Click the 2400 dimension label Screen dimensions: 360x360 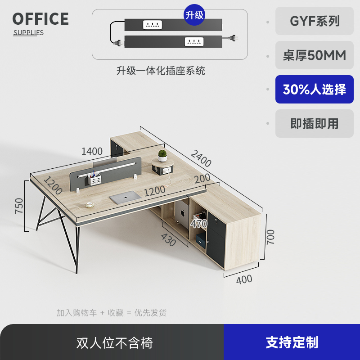pyautogui.click(x=200, y=158)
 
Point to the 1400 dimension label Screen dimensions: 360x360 pyautogui.click(x=92, y=151)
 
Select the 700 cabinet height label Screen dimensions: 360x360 pyautogui.click(x=270, y=237)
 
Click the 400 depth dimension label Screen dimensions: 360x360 pyautogui.click(x=244, y=279)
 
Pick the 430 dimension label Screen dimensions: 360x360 pyautogui.click(x=168, y=241)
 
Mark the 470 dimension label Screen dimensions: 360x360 pyautogui.click(x=198, y=224)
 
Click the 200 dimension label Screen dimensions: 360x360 pyautogui.click(x=202, y=179)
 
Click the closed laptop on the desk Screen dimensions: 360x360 pyautogui.click(x=126, y=197)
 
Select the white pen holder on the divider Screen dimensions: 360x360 pyautogui.click(x=95, y=180)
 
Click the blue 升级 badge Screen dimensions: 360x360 pyautogui.click(x=195, y=15)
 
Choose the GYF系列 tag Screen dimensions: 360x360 pyautogui.click(x=315, y=21)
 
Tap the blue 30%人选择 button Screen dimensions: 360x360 pyautogui.click(x=315, y=90)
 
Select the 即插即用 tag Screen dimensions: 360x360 pyautogui.click(x=315, y=124)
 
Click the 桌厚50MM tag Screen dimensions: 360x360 pyautogui.click(x=315, y=55)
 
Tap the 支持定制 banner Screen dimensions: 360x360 pyautogui.click(x=292, y=342)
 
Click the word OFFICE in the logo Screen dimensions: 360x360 pyautogui.click(x=40, y=19)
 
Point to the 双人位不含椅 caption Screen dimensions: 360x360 pyautogui.click(x=115, y=343)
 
